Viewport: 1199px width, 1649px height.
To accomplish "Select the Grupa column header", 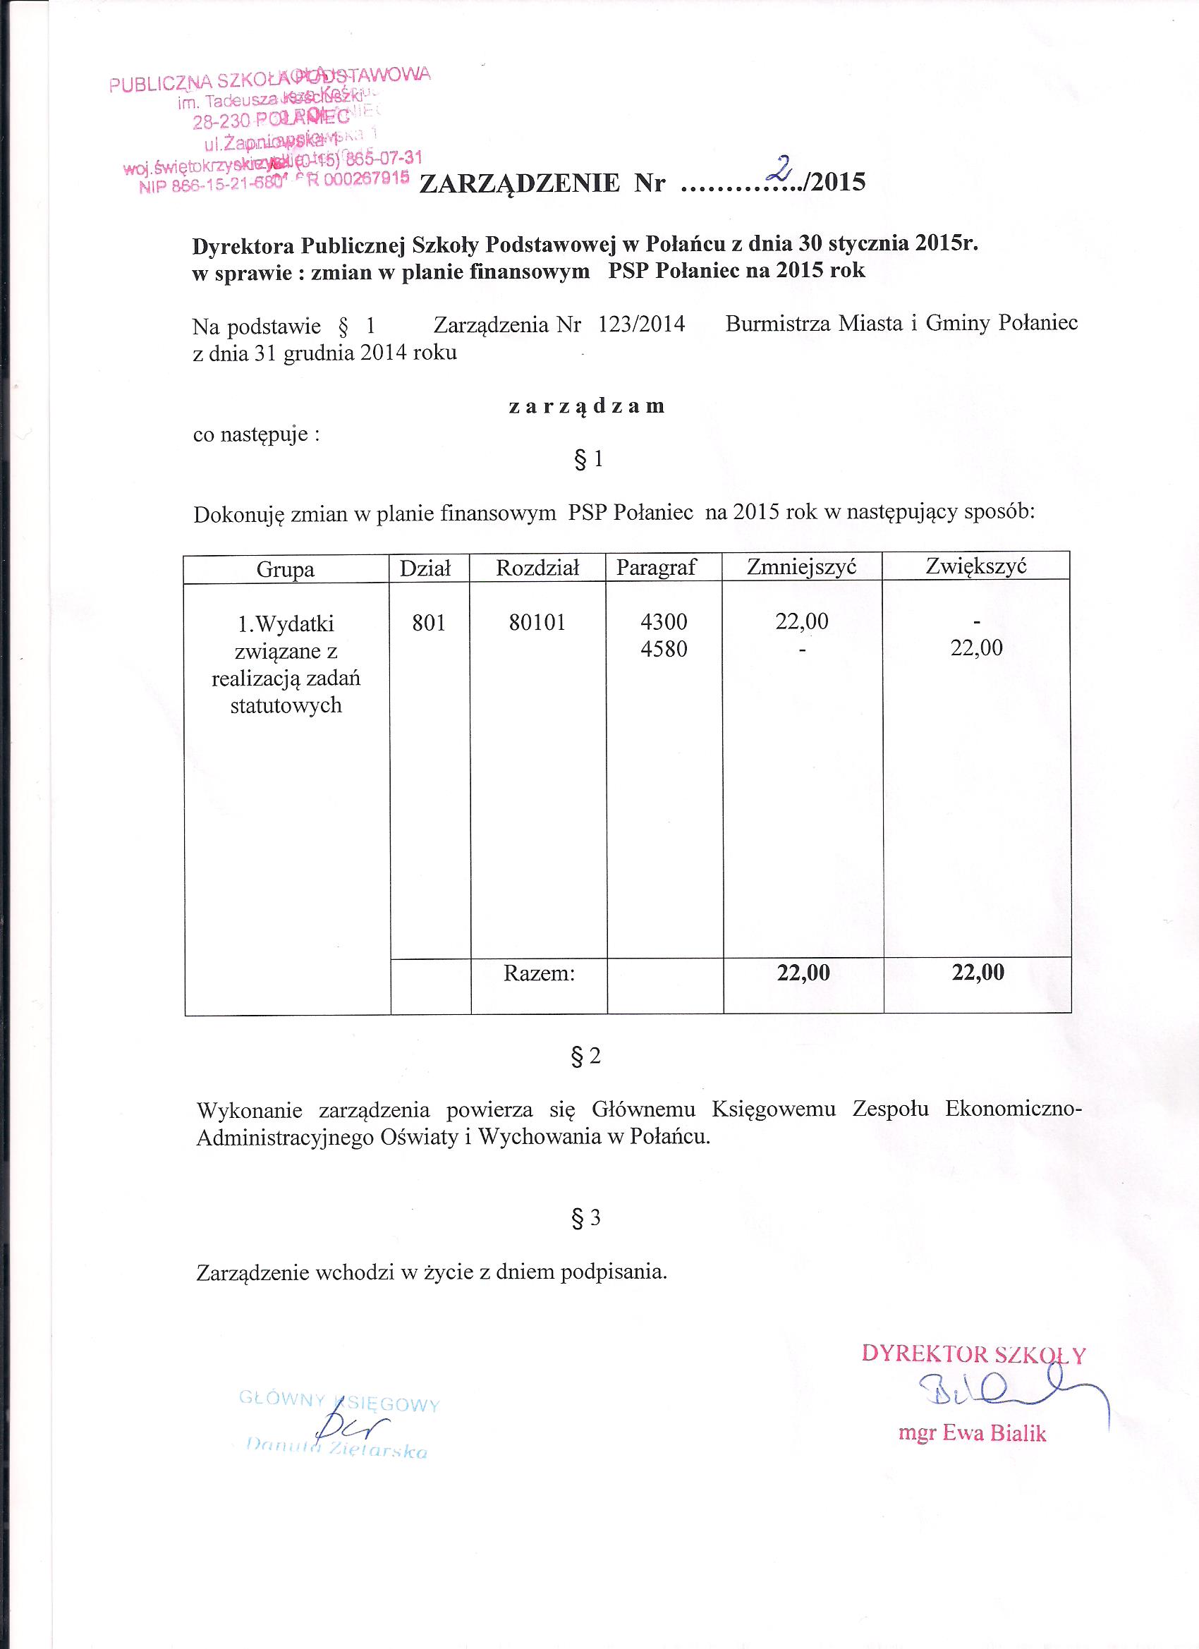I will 285,568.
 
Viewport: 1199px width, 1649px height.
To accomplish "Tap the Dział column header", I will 425,568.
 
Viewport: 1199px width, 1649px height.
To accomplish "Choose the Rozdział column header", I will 537,568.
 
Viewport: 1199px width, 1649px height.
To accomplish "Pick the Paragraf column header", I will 657,567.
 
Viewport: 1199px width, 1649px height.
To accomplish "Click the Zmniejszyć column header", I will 802,566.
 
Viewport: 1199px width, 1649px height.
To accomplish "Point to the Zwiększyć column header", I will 976,565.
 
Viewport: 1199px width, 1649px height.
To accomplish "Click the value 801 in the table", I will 428,622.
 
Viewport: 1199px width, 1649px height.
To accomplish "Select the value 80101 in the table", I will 537,622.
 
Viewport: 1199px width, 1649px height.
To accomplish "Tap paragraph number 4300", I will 663,621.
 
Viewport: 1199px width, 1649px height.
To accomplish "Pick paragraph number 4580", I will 663,649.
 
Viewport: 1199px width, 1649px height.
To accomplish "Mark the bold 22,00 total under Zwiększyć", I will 978,972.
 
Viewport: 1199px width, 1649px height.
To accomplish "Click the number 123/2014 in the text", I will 641,324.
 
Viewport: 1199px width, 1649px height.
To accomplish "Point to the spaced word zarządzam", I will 586,406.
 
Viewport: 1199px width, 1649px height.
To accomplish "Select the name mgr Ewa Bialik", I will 972,1433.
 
